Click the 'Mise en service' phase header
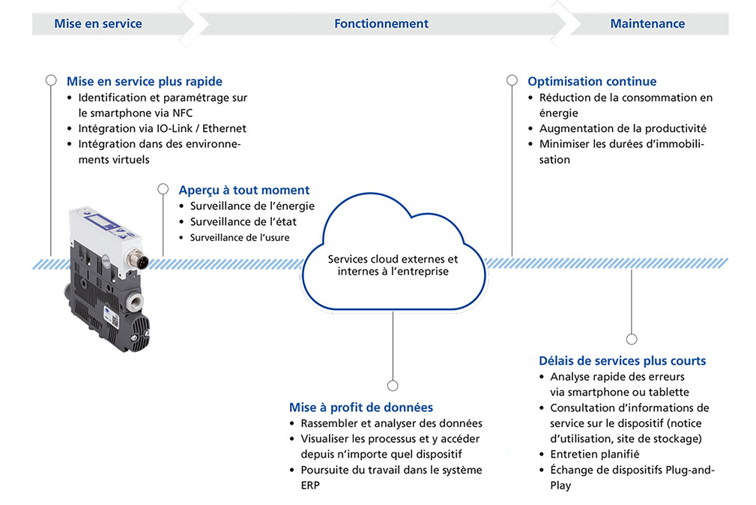pyautogui.click(x=98, y=24)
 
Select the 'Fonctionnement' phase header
pyautogui.click(x=381, y=24)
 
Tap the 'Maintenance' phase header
pyautogui.click(x=647, y=24)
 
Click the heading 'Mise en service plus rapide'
pyautogui.click(x=144, y=81)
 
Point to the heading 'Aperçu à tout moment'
pyautogui.click(x=244, y=190)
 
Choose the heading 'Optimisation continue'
pyautogui.click(x=592, y=81)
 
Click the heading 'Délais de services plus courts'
pyautogui.click(x=622, y=361)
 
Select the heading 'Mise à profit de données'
pyautogui.click(x=361, y=407)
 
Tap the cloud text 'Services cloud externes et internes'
pyautogui.click(x=393, y=265)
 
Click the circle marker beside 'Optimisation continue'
pyautogui.click(x=512, y=80)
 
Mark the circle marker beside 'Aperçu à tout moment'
pyautogui.click(x=163, y=189)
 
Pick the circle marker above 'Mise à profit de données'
pyautogui.click(x=393, y=385)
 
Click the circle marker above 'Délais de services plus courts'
pyautogui.click(x=632, y=339)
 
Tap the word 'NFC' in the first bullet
pyautogui.click(x=182, y=113)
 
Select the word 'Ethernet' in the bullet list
pyautogui.click(x=224, y=128)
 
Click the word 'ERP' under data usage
pyautogui.click(x=310, y=485)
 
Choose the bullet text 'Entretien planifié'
pyautogui.click(x=595, y=454)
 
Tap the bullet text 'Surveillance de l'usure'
pyautogui.click(x=240, y=238)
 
